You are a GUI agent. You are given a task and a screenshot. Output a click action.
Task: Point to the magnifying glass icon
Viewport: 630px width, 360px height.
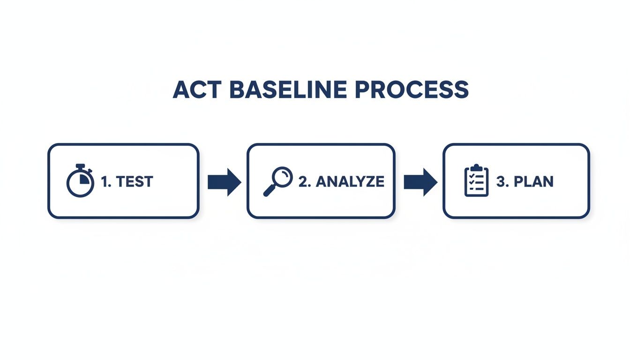point(277,181)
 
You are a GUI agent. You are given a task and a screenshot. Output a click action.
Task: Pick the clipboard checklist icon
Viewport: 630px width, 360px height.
point(476,180)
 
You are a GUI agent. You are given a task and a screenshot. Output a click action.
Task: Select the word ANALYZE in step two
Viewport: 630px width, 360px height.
point(350,181)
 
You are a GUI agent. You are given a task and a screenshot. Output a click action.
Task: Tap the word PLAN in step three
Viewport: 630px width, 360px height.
point(534,181)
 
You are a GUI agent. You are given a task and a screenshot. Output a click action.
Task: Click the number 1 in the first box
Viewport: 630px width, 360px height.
point(104,181)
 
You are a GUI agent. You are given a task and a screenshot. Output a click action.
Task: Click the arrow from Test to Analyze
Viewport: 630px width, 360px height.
point(224,181)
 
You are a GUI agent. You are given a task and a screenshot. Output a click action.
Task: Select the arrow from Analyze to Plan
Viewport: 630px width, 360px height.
point(420,181)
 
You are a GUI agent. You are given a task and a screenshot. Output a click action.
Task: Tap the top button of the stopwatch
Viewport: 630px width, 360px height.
point(81,166)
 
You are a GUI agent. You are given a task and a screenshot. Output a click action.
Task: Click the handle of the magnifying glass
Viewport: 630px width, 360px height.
point(270,191)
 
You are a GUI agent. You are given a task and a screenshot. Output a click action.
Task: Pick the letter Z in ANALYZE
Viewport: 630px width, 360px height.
point(366,181)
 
